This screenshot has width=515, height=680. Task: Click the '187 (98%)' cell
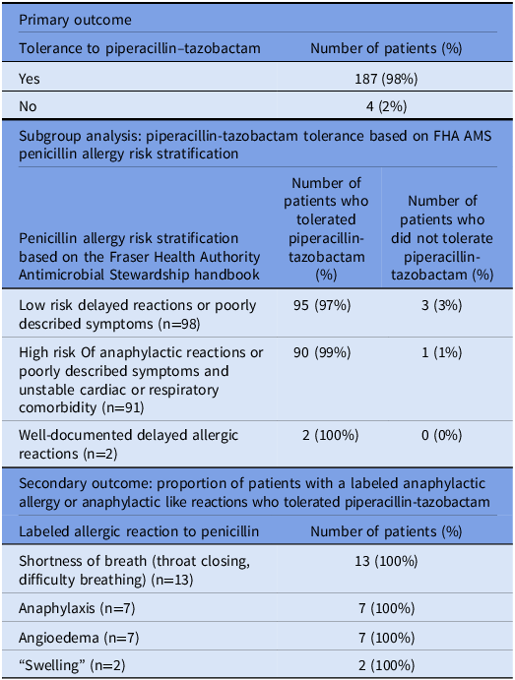click(x=386, y=78)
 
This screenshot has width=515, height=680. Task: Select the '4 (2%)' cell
click(x=386, y=105)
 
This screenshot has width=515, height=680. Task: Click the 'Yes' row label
click(x=31, y=78)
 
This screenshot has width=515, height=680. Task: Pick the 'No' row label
click(x=29, y=105)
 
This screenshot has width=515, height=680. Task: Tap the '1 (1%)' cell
click(x=442, y=352)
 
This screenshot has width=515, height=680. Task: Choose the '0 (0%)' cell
click(x=442, y=435)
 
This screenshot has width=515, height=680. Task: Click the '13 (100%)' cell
click(x=386, y=561)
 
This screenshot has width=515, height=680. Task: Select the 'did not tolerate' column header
click(x=442, y=236)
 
